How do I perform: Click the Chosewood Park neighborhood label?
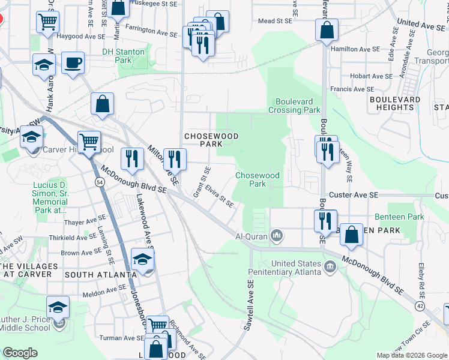[x=207, y=140]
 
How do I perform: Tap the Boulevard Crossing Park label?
[x=298, y=106]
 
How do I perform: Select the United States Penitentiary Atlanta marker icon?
[x=330, y=266]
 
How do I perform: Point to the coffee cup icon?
[x=73, y=63]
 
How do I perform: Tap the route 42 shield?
[x=419, y=306]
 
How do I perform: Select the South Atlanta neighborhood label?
[x=100, y=274]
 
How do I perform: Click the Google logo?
[x=20, y=353]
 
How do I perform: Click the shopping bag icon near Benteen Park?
[x=351, y=235]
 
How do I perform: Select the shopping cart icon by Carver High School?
[x=88, y=142]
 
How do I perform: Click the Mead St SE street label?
[x=274, y=20]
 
